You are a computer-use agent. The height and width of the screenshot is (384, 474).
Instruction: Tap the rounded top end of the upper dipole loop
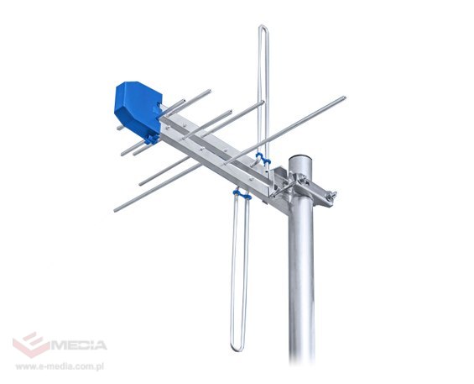tap(263, 27)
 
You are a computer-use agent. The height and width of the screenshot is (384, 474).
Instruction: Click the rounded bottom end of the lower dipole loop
tap(237, 349)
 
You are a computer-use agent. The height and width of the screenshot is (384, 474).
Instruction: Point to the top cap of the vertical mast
tap(301, 160)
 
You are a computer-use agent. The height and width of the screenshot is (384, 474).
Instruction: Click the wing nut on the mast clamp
tap(331, 196)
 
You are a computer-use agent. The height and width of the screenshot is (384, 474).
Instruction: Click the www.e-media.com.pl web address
tap(60, 366)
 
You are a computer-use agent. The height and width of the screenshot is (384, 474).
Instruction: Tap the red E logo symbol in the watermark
tap(31, 345)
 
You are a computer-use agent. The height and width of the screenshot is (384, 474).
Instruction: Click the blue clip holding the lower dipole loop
tap(242, 194)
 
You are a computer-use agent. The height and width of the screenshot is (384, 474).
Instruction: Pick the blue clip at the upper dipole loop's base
tap(263, 159)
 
